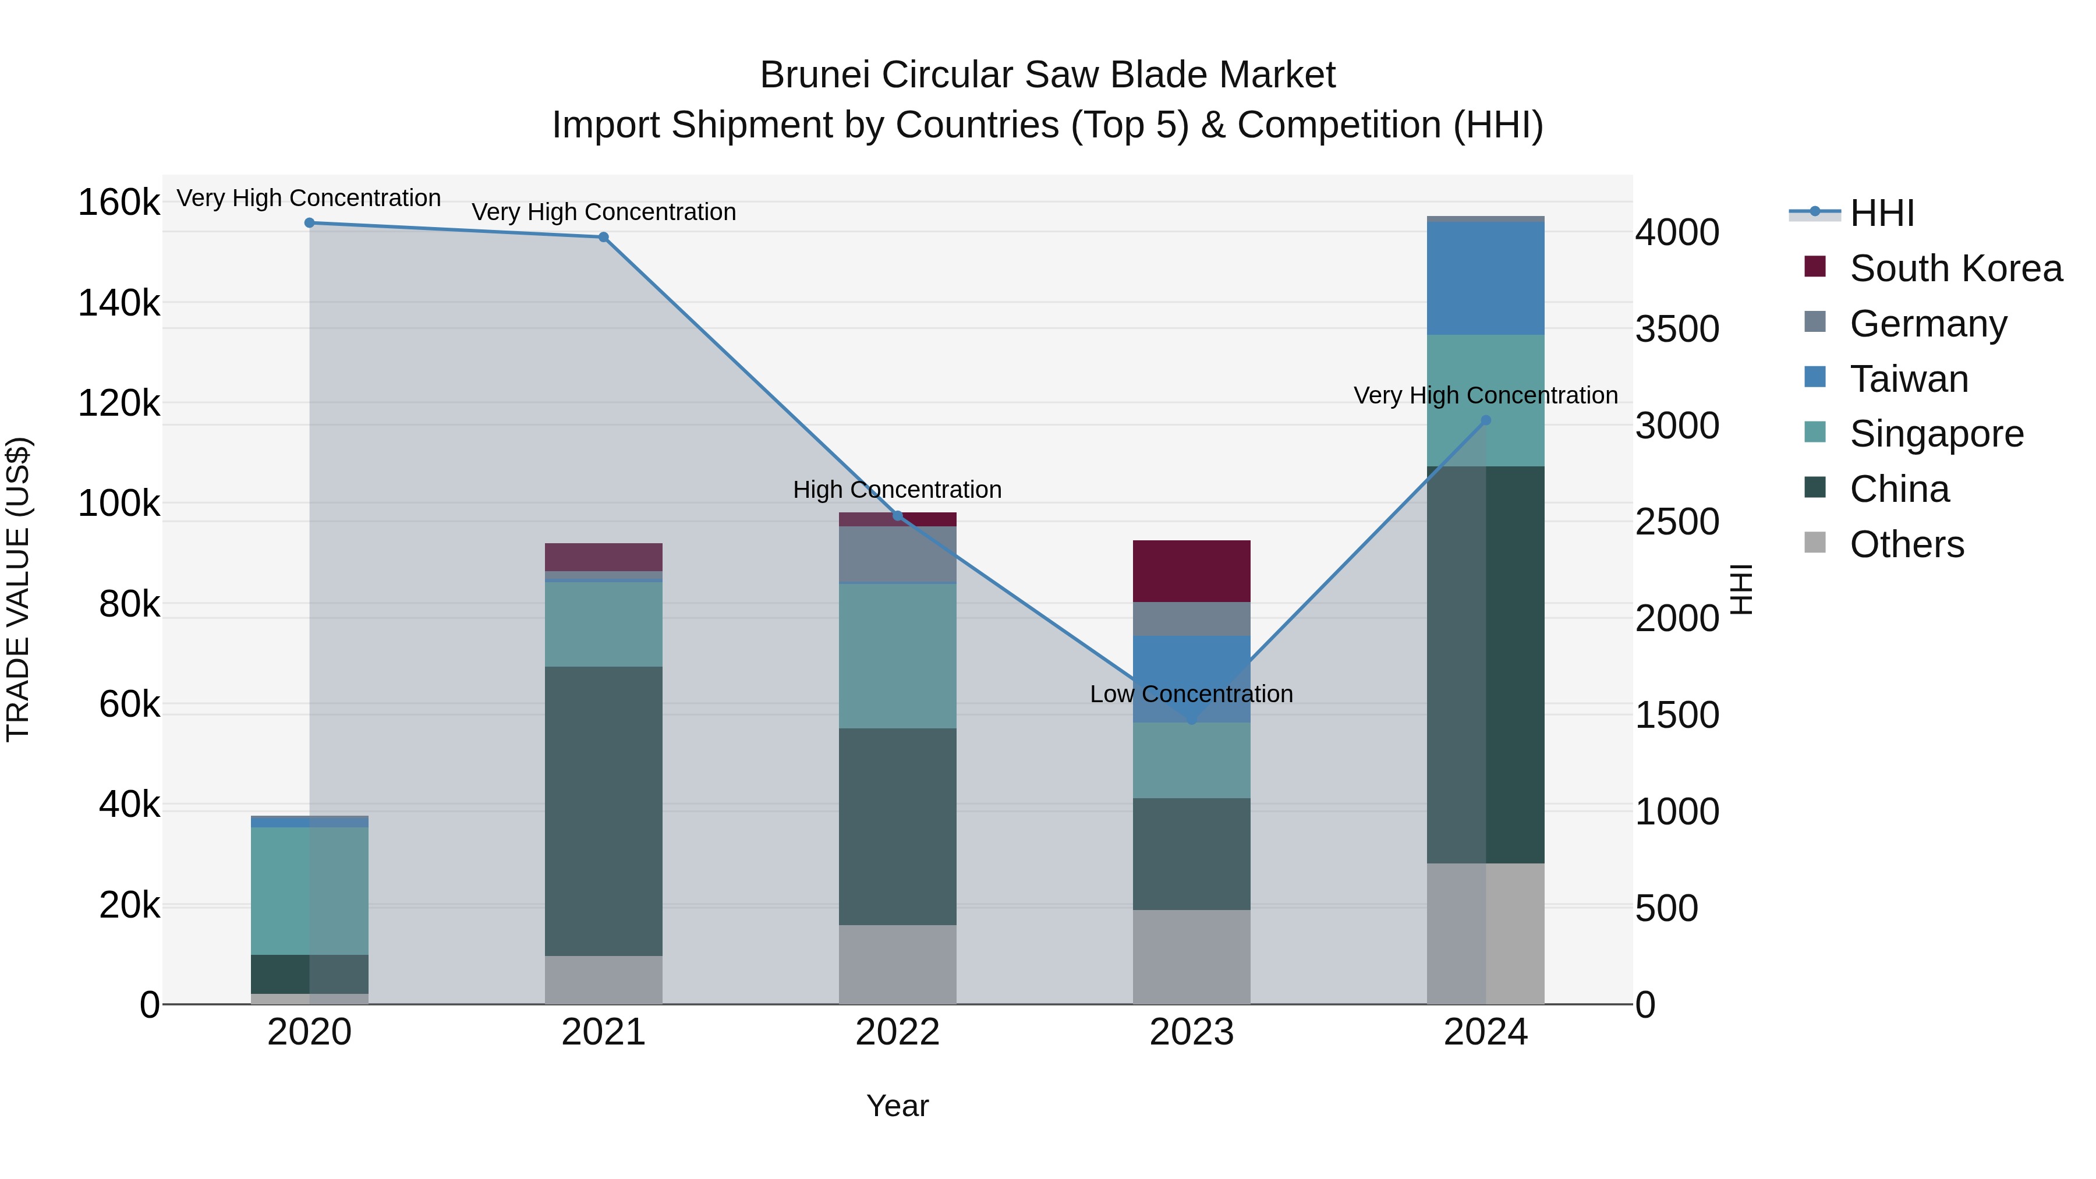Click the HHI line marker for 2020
309,223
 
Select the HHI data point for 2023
1192,720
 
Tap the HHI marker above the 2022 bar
897,516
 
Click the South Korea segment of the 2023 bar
1191,571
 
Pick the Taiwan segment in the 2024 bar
1486,278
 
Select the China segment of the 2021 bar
604,810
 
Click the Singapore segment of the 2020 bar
309,891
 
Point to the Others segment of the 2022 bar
897,964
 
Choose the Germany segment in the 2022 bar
897,555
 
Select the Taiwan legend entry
1909,379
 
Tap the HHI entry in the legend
1881,213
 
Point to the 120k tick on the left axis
119,403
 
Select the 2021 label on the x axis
604,1032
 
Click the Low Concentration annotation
1191,694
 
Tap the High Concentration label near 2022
897,490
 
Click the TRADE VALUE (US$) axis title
18,589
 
